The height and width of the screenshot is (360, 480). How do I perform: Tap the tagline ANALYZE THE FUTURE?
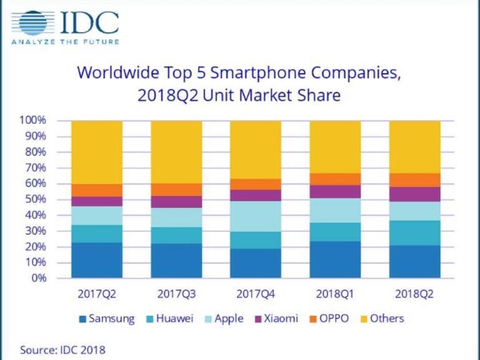[x=65, y=42]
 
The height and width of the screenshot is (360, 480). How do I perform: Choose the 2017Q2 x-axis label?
[x=97, y=293]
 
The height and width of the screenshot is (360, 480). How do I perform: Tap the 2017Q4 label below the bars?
[x=256, y=293]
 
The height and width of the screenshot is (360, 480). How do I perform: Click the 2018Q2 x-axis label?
[x=415, y=293]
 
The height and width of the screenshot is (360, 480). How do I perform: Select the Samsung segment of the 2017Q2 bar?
[x=97, y=260]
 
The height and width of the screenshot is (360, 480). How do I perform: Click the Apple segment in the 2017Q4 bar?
[x=256, y=216]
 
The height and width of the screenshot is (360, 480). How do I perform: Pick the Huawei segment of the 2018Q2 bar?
[x=415, y=232]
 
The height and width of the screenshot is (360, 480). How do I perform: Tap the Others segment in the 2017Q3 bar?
[x=176, y=151]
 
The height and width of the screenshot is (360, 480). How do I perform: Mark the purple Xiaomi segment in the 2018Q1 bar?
[x=335, y=191]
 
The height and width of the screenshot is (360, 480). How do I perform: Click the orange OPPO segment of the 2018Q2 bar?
[x=415, y=179]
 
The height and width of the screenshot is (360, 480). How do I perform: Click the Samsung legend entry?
[x=106, y=319]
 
